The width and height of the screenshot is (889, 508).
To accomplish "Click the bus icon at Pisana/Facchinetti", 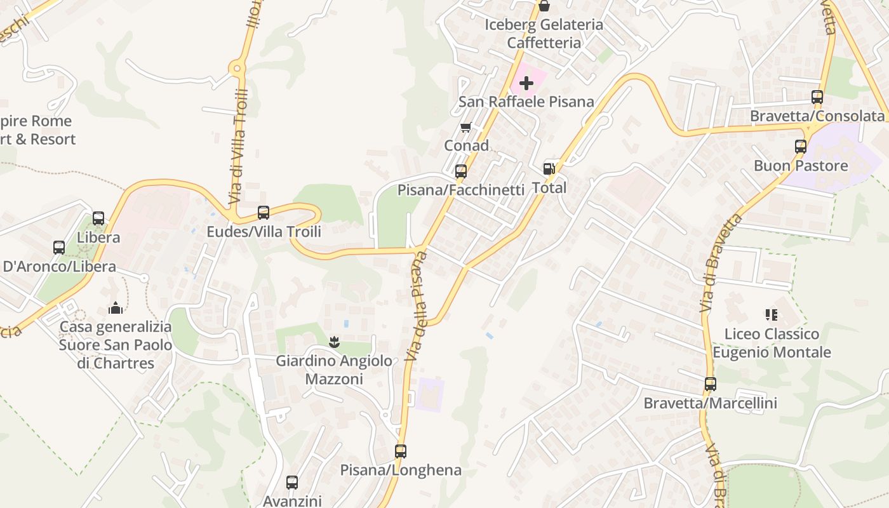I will tap(461, 171).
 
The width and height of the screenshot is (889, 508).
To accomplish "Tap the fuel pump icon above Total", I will tap(549, 169).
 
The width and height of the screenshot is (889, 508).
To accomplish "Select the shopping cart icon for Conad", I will tap(466, 128).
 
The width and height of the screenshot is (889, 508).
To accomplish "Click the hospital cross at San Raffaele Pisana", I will tap(526, 83).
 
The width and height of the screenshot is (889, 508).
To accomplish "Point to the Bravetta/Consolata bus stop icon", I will tap(817, 97).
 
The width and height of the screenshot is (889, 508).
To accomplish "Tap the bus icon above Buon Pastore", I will tap(801, 147).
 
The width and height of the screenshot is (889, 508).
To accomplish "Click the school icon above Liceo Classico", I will tap(772, 315).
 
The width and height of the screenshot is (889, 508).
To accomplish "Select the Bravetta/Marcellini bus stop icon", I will tap(711, 384).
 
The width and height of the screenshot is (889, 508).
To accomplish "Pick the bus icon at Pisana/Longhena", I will tap(401, 451).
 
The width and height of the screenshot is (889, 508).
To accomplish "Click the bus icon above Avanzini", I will tap(292, 483).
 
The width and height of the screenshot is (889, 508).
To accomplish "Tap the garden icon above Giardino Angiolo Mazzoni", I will tap(334, 342).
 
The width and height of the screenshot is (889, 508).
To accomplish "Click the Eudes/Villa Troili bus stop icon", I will tap(264, 213).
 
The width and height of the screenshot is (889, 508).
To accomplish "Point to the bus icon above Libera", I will tap(98, 218).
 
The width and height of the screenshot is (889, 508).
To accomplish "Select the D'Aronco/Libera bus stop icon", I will tap(59, 248).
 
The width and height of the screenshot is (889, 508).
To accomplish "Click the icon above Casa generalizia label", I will tap(116, 308).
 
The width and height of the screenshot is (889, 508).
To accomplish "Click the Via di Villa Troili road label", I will tap(238, 146).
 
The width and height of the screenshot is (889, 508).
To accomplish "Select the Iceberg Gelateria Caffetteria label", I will tap(544, 34).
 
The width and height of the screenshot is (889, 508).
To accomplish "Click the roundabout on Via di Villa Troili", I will tap(238, 68).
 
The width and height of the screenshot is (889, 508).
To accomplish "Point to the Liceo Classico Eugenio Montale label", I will tap(772, 343).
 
